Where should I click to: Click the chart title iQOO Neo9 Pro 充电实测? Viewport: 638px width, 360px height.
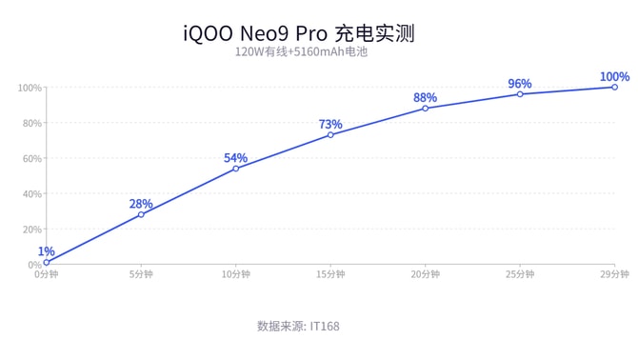pyautogui.click(x=299, y=33)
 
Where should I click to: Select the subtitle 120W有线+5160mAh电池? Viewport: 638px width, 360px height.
pyautogui.click(x=301, y=52)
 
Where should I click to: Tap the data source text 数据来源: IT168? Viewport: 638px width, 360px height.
pyautogui.click(x=298, y=326)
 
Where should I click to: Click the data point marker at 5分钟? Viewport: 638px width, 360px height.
pyautogui.click(x=141, y=214)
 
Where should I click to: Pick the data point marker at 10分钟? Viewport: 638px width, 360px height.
pyautogui.click(x=236, y=169)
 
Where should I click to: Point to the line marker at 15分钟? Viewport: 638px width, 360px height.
pyautogui.click(x=330, y=134)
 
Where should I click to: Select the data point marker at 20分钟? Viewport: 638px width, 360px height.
pyautogui.click(x=426, y=108)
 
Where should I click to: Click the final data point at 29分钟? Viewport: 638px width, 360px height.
pyautogui.click(x=614, y=87)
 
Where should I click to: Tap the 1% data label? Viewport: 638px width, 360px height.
pyautogui.click(x=46, y=251)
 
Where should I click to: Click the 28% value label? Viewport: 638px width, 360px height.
pyautogui.click(x=141, y=204)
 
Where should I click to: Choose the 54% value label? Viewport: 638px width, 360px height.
pyautogui.click(x=235, y=158)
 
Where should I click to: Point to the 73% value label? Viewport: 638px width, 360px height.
pyautogui.click(x=330, y=124)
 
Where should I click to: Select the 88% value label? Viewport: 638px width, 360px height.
pyautogui.click(x=425, y=97)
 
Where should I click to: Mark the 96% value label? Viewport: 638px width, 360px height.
pyautogui.click(x=519, y=83)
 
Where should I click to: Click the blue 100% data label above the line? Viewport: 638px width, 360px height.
pyautogui.click(x=614, y=76)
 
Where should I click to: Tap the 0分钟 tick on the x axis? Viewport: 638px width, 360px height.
pyautogui.click(x=46, y=274)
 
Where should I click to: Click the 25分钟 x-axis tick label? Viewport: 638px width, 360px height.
pyautogui.click(x=519, y=274)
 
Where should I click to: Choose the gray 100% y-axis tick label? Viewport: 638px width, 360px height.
pyautogui.click(x=29, y=88)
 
